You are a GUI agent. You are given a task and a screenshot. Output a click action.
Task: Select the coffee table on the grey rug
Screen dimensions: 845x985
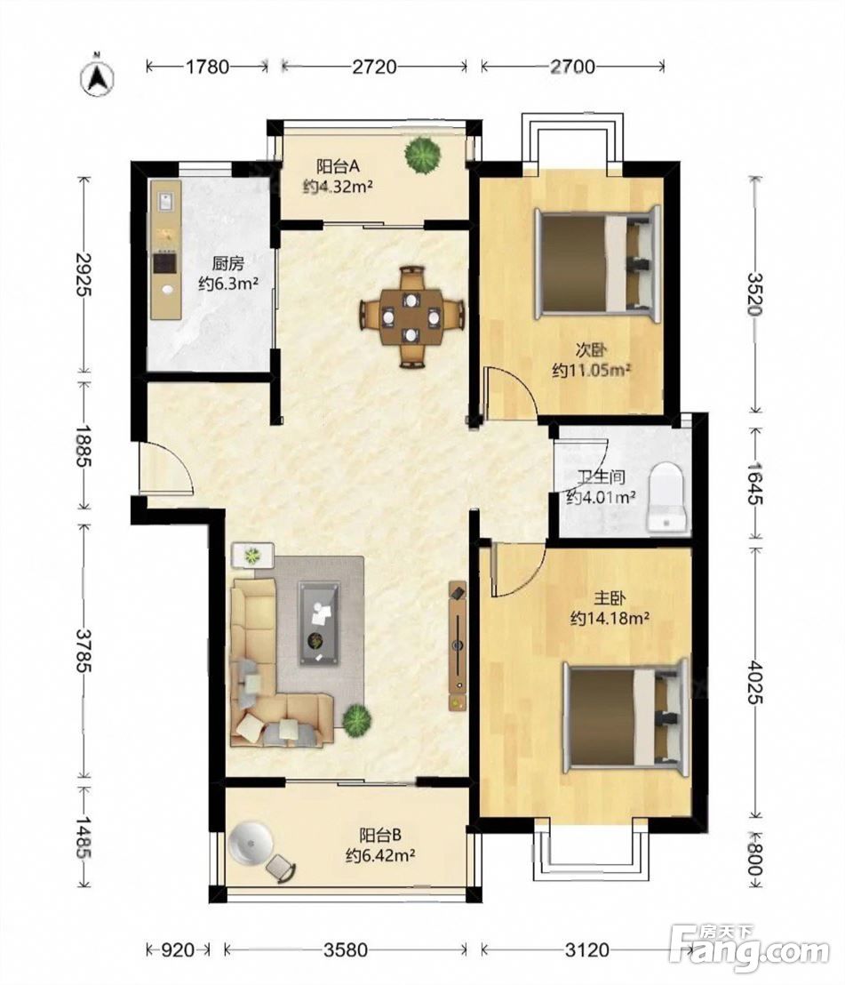[x=320, y=622]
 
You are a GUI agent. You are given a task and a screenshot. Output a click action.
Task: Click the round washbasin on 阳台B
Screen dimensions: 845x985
[x=251, y=842]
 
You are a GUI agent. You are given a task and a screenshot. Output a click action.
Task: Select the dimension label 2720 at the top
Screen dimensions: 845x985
[x=374, y=66]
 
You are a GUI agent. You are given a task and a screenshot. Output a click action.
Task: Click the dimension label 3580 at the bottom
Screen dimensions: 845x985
[x=346, y=949]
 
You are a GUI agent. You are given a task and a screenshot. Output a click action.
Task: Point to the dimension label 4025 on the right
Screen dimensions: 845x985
[x=754, y=681]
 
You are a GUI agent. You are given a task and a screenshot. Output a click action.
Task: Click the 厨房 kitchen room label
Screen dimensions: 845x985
[x=228, y=262]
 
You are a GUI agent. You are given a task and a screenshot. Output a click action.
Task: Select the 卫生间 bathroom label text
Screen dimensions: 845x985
[x=601, y=476]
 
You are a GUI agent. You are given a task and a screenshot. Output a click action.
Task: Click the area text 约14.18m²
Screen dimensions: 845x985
[x=610, y=619]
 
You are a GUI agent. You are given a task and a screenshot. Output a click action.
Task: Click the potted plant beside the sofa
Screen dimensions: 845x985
[x=356, y=720]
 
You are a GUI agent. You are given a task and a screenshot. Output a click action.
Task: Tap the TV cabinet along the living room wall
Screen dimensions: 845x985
[x=458, y=645]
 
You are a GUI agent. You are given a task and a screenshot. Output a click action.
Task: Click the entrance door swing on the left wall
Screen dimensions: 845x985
[x=165, y=467]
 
